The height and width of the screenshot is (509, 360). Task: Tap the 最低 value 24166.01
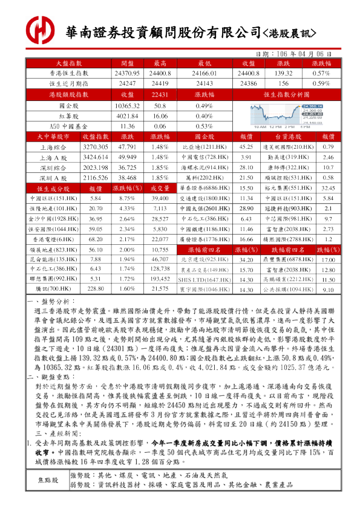pos(200,73)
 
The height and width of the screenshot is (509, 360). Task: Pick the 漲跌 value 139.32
pos(283,73)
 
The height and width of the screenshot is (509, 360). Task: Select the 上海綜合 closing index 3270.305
pos(95,147)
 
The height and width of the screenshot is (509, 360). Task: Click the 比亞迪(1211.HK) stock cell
pos(199,147)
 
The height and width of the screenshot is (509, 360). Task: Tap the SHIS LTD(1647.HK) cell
pos(199,280)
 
